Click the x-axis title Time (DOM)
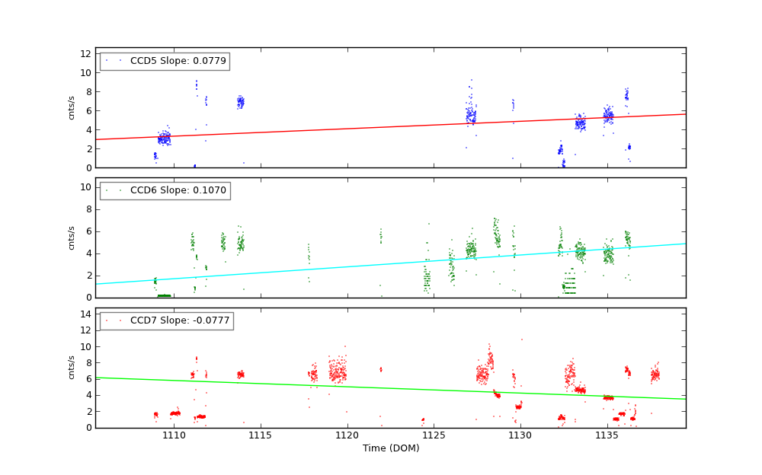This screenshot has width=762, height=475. (390, 448)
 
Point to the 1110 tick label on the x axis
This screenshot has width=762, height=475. (174, 435)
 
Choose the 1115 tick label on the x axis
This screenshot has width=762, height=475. (261, 435)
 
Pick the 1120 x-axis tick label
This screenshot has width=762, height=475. (347, 435)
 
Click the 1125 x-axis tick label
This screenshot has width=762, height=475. (434, 435)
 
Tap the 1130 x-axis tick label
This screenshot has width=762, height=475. (520, 435)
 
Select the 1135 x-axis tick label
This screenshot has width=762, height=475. (607, 435)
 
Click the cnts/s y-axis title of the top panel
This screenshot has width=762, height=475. (72, 107)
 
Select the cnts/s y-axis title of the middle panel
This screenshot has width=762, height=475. (72, 237)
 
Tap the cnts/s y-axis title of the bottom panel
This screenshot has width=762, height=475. (72, 368)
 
